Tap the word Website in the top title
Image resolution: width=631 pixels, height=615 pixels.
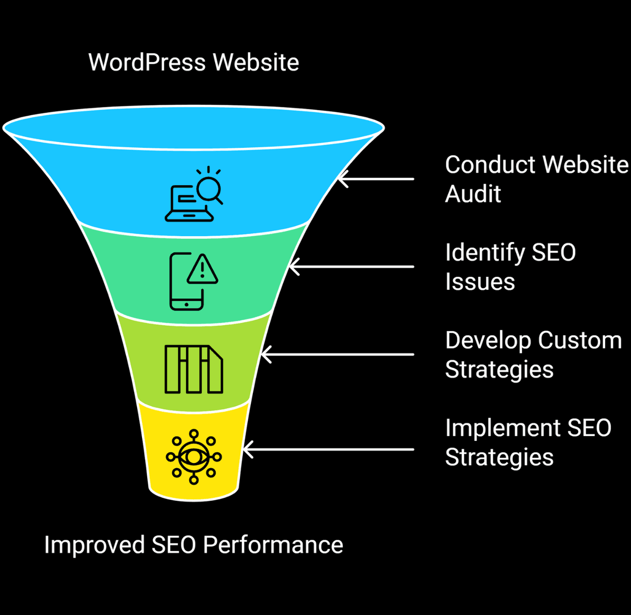click(x=257, y=63)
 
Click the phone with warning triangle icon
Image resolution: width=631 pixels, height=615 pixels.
click(x=193, y=281)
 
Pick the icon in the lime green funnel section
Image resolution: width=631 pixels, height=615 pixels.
click(x=194, y=369)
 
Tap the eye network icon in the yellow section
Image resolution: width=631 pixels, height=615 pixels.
click(x=194, y=456)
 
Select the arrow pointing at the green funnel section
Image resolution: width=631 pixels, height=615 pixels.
click(x=351, y=267)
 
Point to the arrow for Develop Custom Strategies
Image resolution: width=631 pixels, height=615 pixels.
click(x=337, y=354)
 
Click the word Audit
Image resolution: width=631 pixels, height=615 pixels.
click(x=473, y=194)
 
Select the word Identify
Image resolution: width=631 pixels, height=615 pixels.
click(x=484, y=253)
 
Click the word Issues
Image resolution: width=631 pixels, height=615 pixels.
click(x=480, y=282)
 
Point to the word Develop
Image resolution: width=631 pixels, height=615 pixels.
click(x=487, y=341)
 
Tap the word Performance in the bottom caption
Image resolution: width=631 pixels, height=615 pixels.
click(x=273, y=545)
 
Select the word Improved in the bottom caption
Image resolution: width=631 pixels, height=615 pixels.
click(x=94, y=545)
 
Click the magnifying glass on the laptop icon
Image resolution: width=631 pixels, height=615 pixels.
click(x=210, y=188)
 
